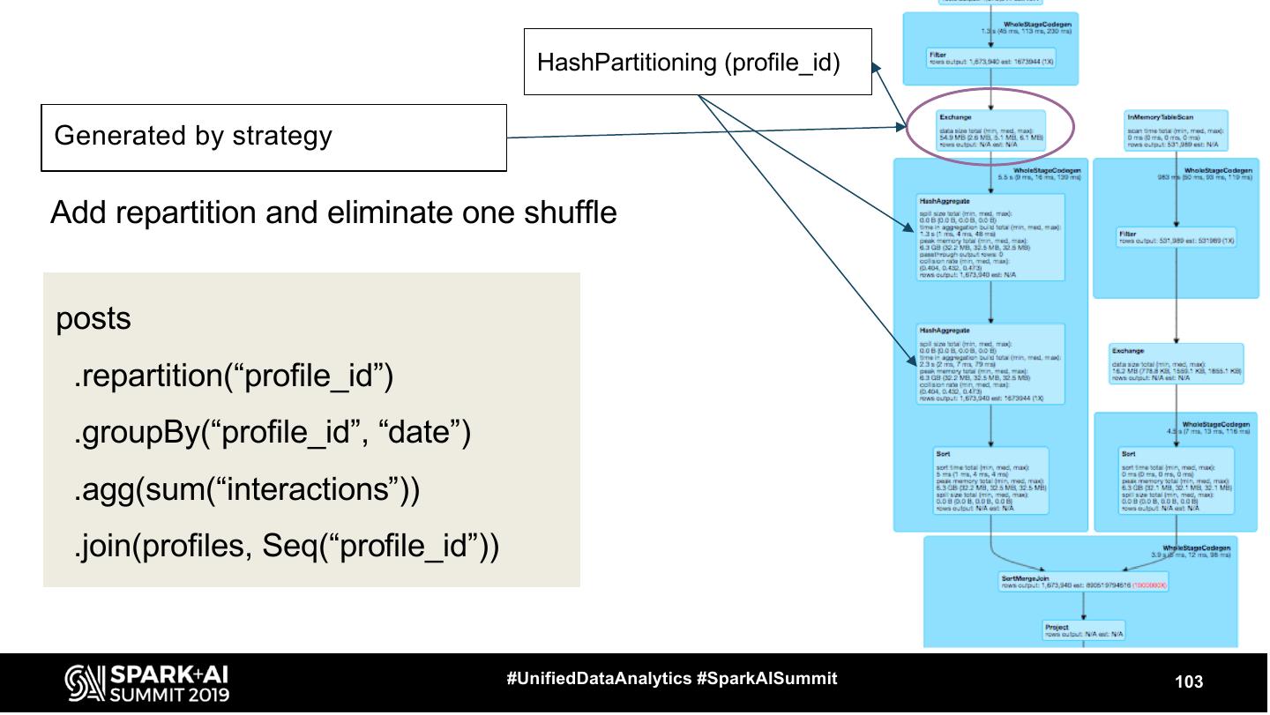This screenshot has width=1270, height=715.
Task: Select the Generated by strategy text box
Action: pyautogui.click(x=273, y=137)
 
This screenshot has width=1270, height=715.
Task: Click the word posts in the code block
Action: pyautogui.click(x=93, y=319)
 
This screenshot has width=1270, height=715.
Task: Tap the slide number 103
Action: pyautogui.click(x=1188, y=681)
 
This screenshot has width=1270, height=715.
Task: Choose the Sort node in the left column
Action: pyautogui.click(x=990, y=481)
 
